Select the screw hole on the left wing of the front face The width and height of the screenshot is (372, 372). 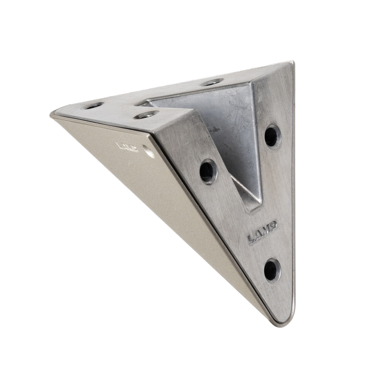pyautogui.click(x=208, y=171)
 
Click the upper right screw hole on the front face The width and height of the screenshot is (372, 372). pyautogui.click(x=273, y=136)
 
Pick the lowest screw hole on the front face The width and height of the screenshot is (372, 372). pyautogui.click(x=272, y=271)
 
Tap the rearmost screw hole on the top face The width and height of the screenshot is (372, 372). pyautogui.click(x=212, y=83)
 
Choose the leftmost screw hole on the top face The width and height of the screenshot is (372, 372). pyautogui.click(x=93, y=106)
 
